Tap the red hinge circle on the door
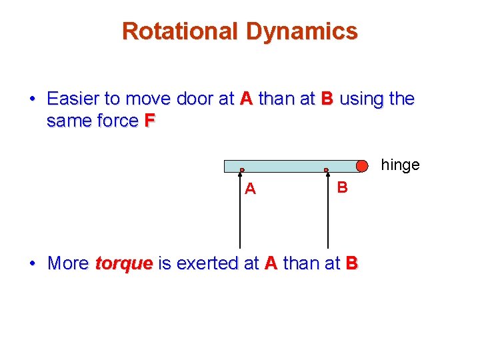(x=361, y=166)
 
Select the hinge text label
(x=400, y=165)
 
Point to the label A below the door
(x=250, y=189)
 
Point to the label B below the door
(x=342, y=187)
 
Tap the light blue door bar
(x=287, y=166)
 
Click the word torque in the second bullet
(x=124, y=264)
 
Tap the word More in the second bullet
(x=68, y=263)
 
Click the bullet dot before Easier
(x=32, y=100)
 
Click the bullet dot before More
(x=32, y=264)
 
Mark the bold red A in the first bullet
(x=246, y=99)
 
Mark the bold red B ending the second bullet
(x=351, y=263)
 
